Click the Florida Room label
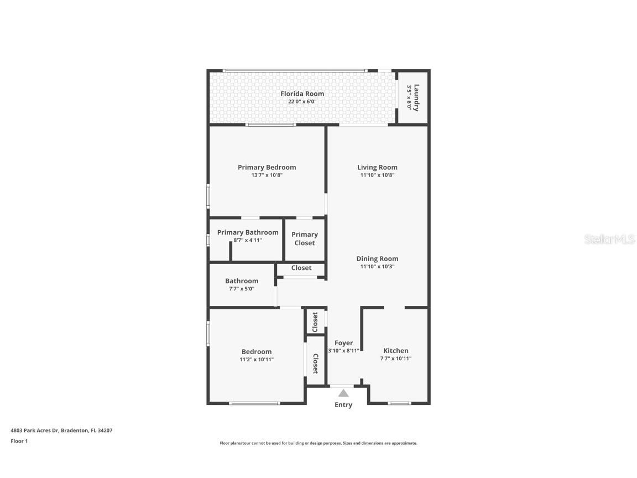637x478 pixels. (302, 93)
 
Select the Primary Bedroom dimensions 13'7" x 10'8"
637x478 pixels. (267, 175)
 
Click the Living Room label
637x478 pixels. (377, 167)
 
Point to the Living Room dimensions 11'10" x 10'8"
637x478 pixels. (377, 175)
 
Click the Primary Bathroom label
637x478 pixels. (248, 232)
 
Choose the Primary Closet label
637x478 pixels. (304, 238)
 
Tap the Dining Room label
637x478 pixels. (377, 258)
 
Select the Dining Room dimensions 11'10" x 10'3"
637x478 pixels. (377, 267)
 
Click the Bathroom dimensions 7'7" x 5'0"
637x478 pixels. (242, 289)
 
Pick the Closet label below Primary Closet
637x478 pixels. (301, 268)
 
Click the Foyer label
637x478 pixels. (343, 343)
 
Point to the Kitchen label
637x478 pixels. (396, 350)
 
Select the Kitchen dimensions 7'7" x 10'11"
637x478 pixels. (396, 358)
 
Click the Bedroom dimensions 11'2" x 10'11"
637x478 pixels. (257, 360)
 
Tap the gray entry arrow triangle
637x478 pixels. (343, 393)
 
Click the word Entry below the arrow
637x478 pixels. (343, 405)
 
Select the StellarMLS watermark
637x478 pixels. (609, 240)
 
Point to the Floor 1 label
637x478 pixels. (19, 441)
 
